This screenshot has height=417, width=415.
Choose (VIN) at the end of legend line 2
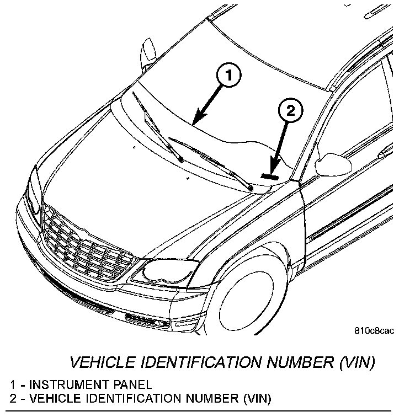257,398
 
